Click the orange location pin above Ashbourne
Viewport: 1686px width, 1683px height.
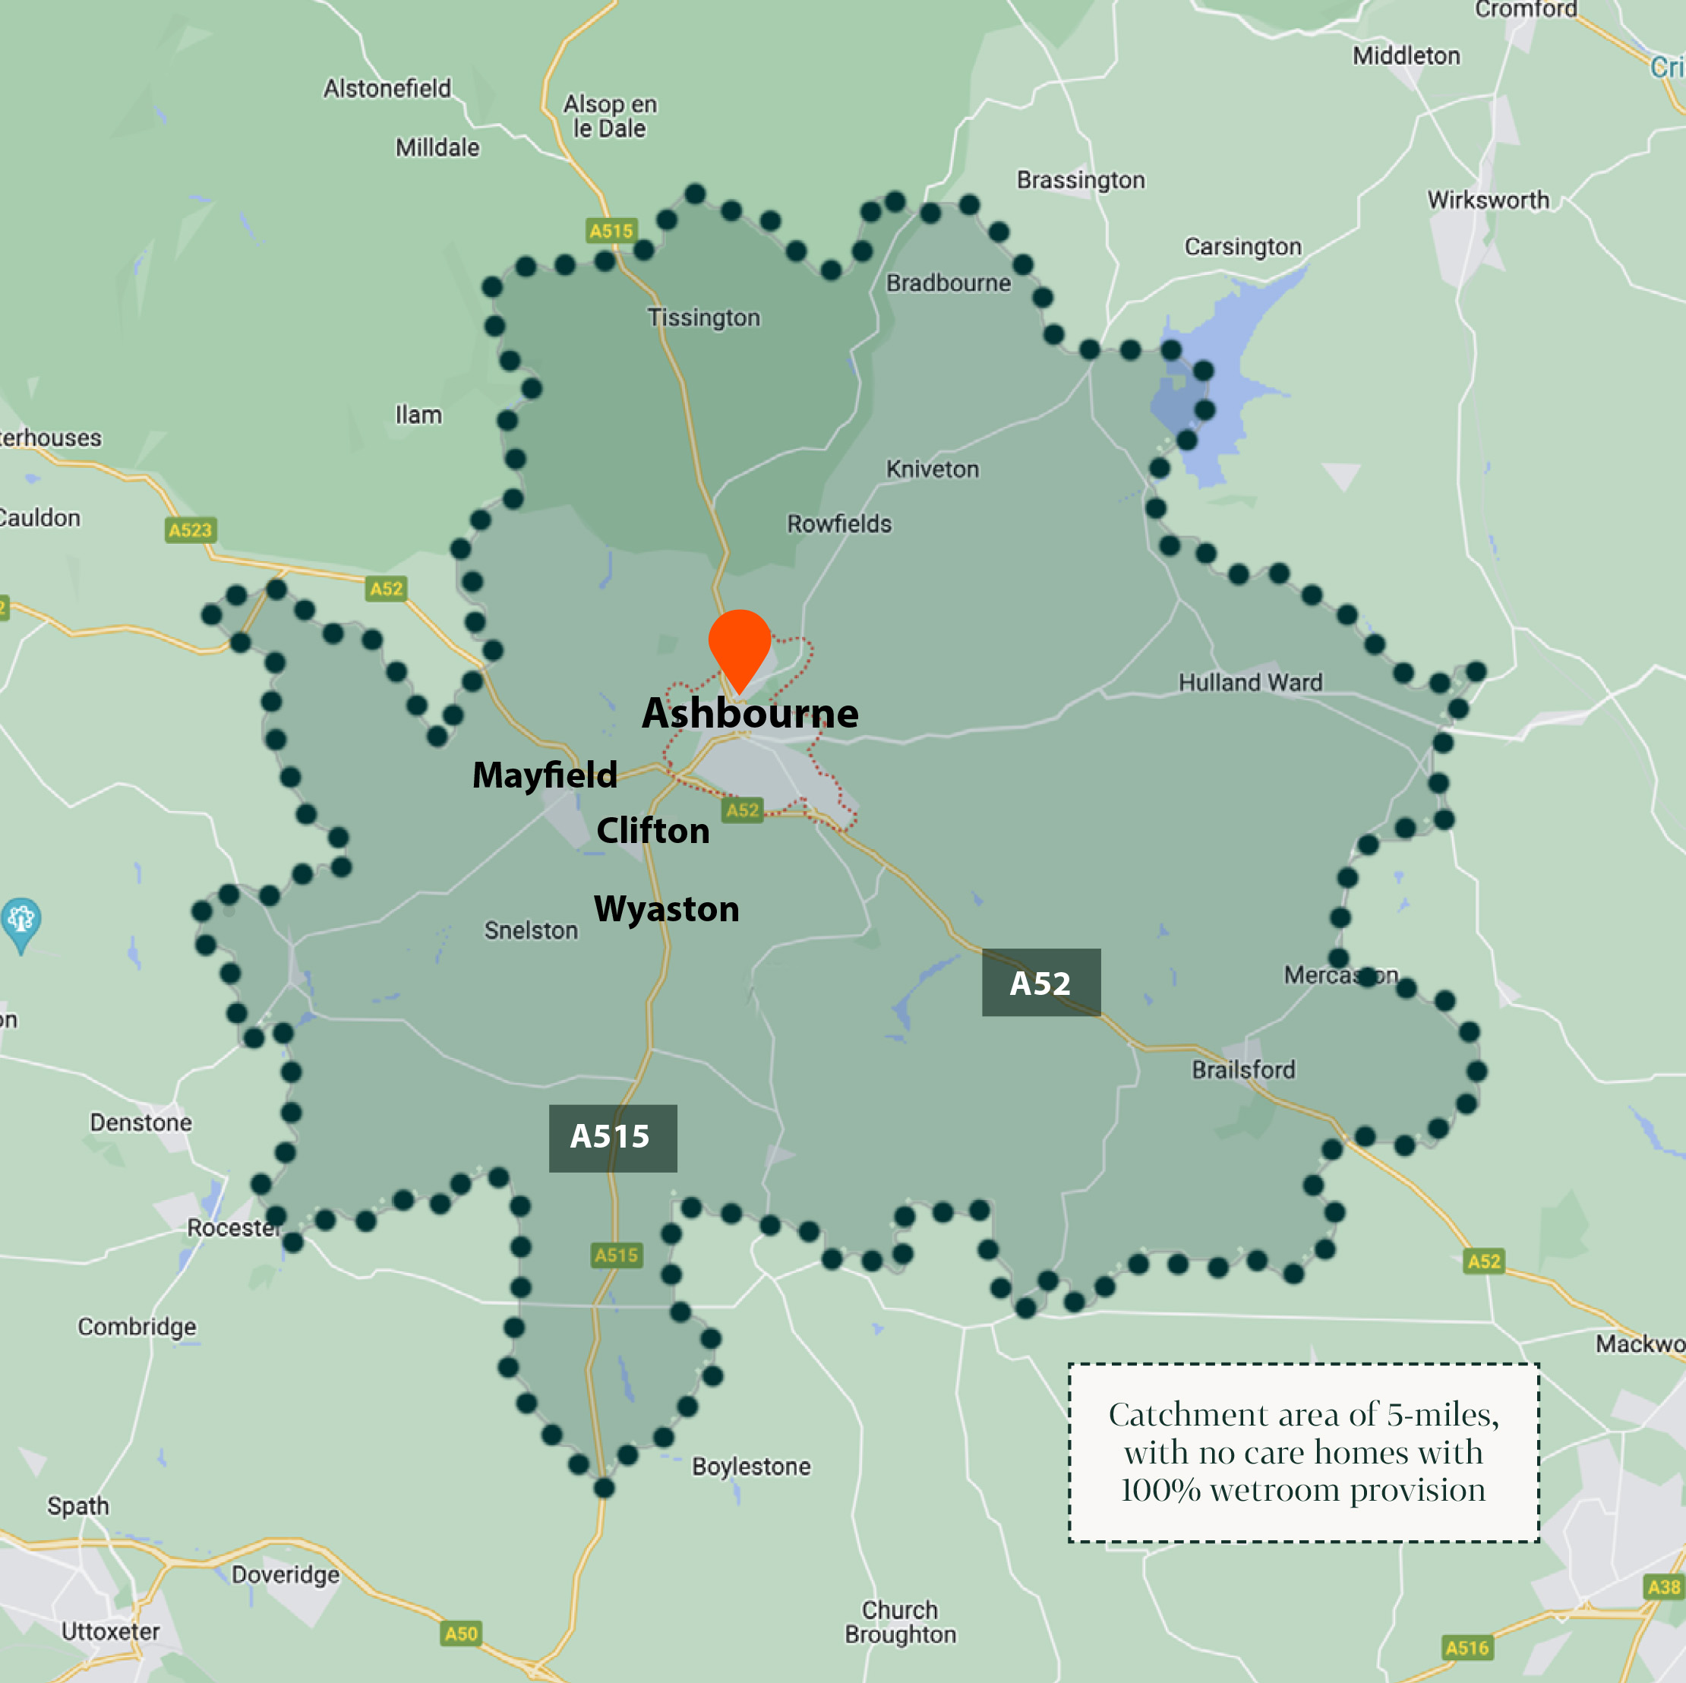[739, 646]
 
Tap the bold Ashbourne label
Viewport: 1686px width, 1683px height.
[750, 714]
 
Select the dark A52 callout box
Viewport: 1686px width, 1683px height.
[1040, 983]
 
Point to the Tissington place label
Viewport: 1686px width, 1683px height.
[703, 317]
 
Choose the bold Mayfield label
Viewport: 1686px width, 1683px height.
[545, 775]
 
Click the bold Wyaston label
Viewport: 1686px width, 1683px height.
[666, 909]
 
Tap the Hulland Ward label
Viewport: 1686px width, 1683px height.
[1249, 682]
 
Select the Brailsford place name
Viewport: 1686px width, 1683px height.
[1242, 1069]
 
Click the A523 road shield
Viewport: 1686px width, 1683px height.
[190, 529]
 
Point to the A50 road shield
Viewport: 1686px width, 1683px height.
[461, 1634]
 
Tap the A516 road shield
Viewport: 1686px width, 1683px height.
[1467, 1647]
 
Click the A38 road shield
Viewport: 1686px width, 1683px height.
[1663, 1586]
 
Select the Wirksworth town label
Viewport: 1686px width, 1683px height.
[1488, 200]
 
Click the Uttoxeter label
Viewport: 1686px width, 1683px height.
[110, 1631]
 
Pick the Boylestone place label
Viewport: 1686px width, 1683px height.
[750, 1466]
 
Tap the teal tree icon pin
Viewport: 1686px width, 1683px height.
[21, 920]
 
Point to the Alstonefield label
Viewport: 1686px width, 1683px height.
[387, 88]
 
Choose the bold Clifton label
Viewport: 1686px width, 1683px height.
[653, 831]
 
